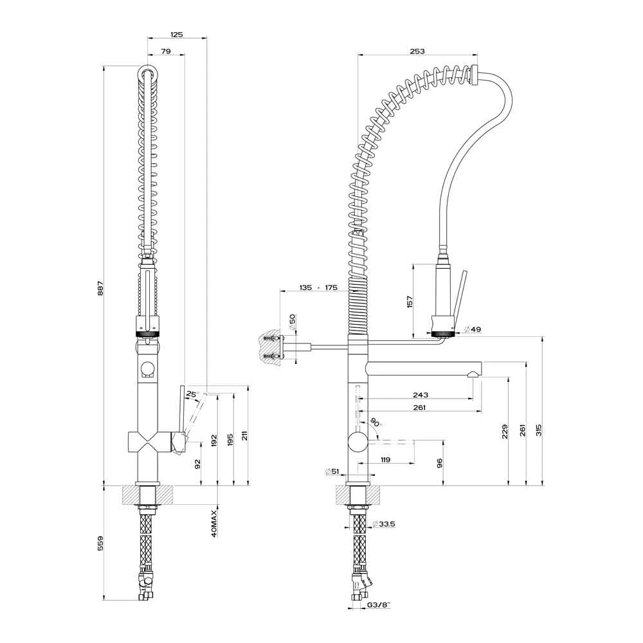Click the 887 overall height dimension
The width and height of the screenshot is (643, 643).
pyautogui.click(x=100, y=290)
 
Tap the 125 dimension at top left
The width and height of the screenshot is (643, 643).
pyautogui.click(x=177, y=35)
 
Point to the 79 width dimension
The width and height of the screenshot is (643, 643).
pyautogui.click(x=165, y=51)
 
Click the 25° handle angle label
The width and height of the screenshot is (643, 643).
pyautogui.click(x=192, y=394)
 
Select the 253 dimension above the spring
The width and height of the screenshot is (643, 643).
pyautogui.click(x=416, y=51)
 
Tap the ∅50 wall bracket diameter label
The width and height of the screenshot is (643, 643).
pyautogui.click(x=293, y=321)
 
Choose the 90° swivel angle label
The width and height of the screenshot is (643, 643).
pyautogui.click(x=375, y=423)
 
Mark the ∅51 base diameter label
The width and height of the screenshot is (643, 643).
pyautogui.click(x=332, y=472)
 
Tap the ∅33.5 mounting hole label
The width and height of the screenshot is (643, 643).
pyautogui.click(x=384, y=524)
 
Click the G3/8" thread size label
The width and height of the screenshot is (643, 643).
pyautogui.click(x=379, y=605)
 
